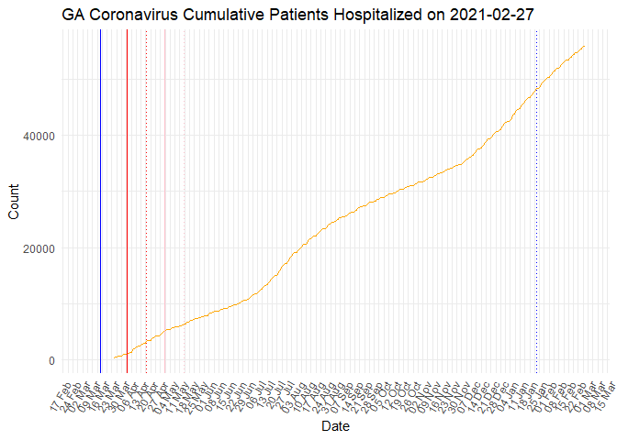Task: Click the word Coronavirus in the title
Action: [x=137, y=15]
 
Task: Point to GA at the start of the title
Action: [x=75, y=15]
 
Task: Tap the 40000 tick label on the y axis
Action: [x=39, y=136]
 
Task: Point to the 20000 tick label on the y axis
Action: [x=39, y=248]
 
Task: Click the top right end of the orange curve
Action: [x=585, y=46]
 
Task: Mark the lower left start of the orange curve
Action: [x=114, y=358]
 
